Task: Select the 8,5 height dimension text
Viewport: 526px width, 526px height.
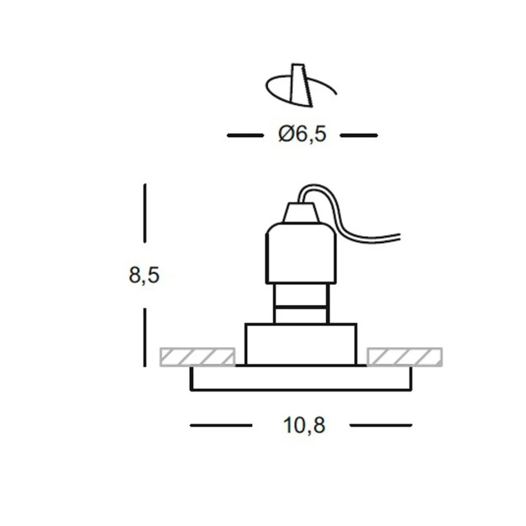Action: [x=143, y=275]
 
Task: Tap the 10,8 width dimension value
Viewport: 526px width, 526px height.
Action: [x=304, y=425]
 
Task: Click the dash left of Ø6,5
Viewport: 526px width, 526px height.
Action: [x=245, y=136]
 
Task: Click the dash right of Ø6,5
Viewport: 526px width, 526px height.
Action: [x=359, y=136]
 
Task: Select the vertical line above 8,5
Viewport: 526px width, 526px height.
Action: [x=145, y=213]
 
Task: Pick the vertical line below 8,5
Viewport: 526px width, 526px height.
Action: [x=145, y=337]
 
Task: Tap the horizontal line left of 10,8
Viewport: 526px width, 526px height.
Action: [x=221, y=425]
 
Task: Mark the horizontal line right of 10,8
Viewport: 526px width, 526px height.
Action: [x=381, y=425]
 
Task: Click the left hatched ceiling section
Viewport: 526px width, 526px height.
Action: [x=197, y=357]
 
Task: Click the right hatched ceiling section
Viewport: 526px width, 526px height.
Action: [x=405, y=357]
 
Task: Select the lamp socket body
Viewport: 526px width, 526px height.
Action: [x=301, y=253]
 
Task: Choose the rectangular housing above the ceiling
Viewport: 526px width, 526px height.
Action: [x=301, y=343]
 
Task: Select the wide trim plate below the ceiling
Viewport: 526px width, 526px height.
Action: [x=301, y=379]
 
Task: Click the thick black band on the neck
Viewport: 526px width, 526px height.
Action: [x=301, y=307]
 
